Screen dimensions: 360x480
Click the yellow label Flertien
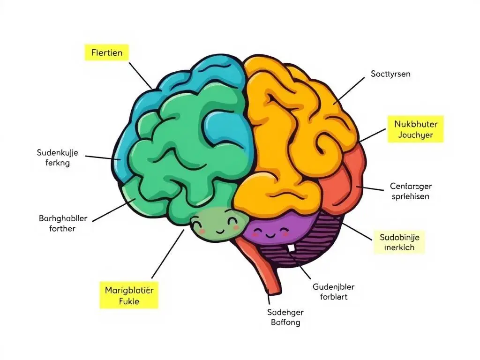coord(107,53)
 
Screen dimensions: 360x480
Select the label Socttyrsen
coord(390,74)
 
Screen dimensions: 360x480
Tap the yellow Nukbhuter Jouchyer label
coord(415,129)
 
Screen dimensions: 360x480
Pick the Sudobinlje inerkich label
coord(399,242)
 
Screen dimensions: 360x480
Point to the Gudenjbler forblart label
coord(333,292)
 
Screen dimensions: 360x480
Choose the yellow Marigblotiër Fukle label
coord(129,295)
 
